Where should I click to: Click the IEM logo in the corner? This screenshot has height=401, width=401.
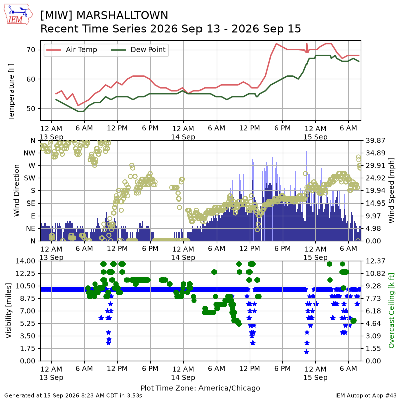[18, 15]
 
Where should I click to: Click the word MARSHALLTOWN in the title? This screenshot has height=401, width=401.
[122, 15]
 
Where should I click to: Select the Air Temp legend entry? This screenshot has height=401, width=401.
[71, 49]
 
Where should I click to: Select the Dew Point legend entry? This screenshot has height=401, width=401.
[138, 49]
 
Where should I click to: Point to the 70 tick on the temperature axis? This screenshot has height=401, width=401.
[31, 50]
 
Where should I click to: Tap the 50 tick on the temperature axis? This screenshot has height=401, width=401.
[31, 108]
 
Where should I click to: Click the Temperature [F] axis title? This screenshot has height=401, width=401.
[11, 92]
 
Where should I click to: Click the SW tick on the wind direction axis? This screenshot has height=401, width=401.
[30, 178]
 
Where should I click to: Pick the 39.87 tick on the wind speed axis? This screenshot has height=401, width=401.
[375, 141]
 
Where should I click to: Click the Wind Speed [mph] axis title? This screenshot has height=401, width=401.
[391, 190]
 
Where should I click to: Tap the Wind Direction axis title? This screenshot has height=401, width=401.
[17, 190]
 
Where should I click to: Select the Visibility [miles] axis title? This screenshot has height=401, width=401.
[9, 311]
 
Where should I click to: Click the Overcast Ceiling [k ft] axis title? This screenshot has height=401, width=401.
[391, 311]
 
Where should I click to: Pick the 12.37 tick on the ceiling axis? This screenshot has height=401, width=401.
[375, 261]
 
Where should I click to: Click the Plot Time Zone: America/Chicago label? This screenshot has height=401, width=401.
[200, 388]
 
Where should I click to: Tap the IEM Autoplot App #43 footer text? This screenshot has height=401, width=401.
[366, 396]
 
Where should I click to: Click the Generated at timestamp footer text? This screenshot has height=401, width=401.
[73, 396]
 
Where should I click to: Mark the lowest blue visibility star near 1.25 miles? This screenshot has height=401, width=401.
[306, 352]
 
